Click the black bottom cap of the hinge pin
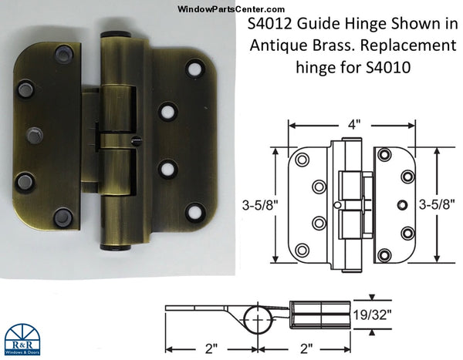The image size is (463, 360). pos(113,247)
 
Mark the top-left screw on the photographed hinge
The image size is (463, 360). pos(63,55)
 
